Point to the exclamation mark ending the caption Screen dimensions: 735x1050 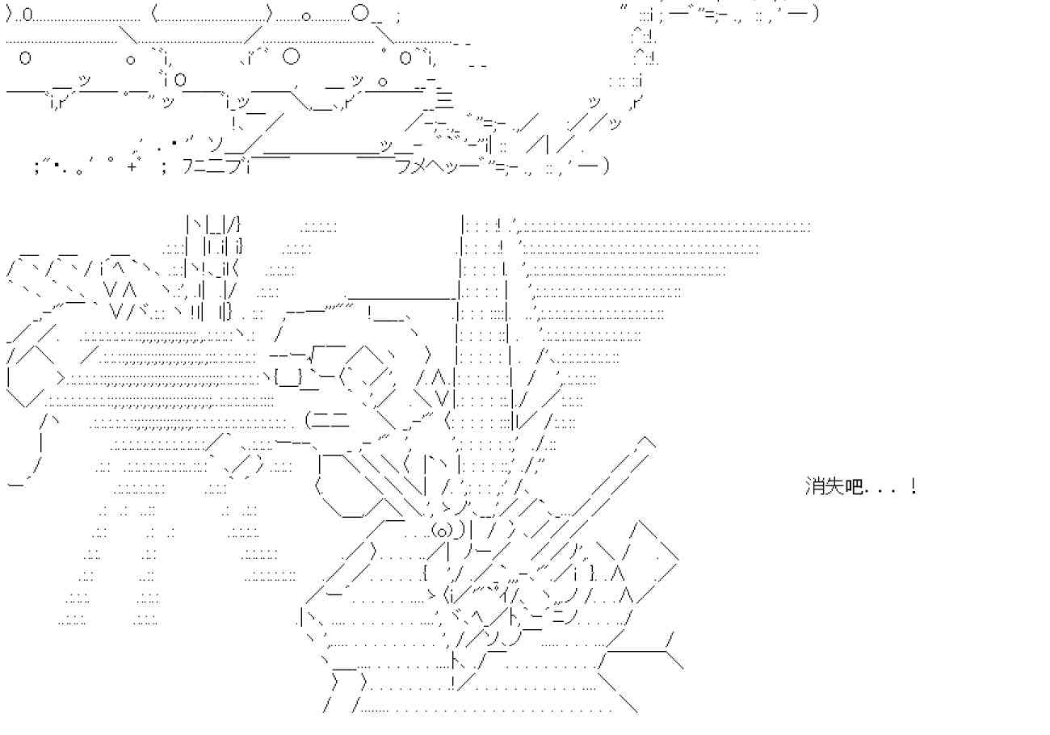[x=913, y=486]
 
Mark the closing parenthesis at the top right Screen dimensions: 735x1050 [x=816, y=14]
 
